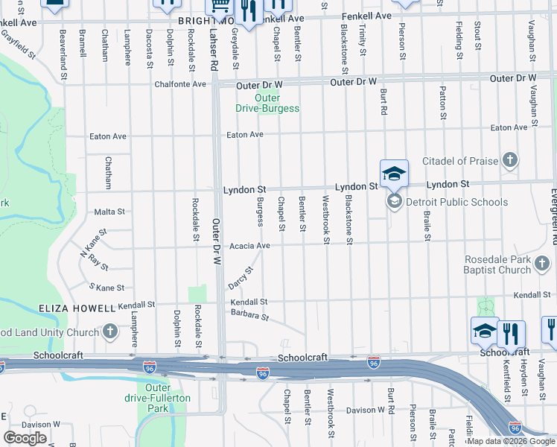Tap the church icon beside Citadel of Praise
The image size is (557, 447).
(510, 160)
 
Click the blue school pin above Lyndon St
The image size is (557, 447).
(394, 174)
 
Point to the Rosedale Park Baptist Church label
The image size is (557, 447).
(507, 264)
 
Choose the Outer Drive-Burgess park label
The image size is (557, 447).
(267, 103)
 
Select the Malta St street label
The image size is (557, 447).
(109, 212)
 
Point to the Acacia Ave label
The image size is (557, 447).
(249, 245)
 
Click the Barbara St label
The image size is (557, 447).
(249, 316)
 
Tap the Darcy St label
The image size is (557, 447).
(241, 279)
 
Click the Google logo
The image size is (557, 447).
(25, 438)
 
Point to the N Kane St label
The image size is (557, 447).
(93, 242)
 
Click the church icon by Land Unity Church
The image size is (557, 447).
(109, 331)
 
